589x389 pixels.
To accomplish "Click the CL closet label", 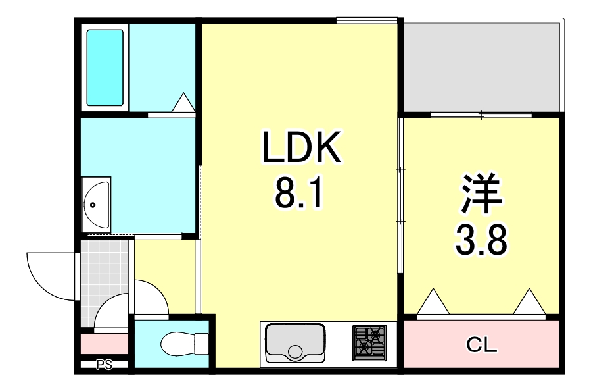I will click(x=481, y=343).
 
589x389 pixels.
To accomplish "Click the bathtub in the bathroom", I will click(x=105, y=68).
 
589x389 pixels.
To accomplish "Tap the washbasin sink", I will click(x=97, y=204).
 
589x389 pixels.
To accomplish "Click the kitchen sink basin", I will click(x=295, y=344).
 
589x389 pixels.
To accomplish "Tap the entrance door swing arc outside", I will click(x=49, y=274).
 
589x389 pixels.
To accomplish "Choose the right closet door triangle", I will click(x=530, y=302).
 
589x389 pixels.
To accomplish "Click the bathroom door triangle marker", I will click(x=183, y=103).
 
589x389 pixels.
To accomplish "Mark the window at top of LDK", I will click(x=366, y=21).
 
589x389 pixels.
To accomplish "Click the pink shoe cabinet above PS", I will click(x=104, y=344).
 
